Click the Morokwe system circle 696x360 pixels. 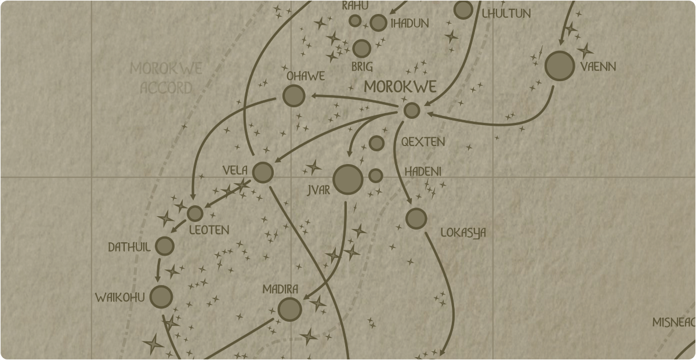412,110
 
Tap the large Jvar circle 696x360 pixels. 348,179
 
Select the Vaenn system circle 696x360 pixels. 560,66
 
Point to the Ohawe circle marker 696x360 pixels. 294,96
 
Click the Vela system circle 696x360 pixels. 263,172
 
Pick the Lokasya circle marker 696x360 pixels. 416,219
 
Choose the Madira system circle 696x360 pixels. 289,309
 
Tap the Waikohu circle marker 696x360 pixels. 161,297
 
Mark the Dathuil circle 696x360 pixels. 165,246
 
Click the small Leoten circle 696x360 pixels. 195,213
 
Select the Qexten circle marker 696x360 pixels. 376,143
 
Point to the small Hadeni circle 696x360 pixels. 376,176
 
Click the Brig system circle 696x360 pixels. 362,49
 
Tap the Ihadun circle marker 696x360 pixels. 378,23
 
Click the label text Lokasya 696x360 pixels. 463,232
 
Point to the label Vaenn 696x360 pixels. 598,67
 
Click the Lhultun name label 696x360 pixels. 506,13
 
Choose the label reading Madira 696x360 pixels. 280,289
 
